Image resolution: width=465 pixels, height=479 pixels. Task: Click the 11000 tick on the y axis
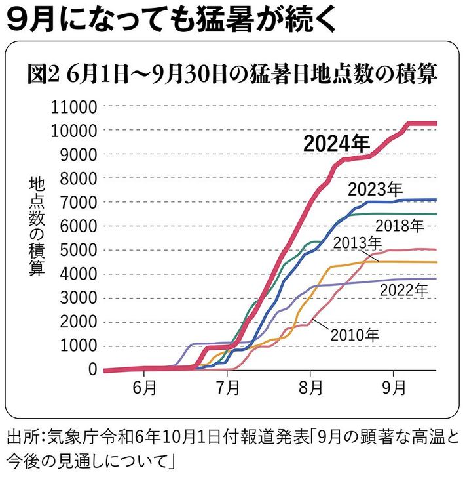coord(74,107)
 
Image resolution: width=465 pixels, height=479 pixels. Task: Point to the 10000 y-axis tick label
coord(74,131)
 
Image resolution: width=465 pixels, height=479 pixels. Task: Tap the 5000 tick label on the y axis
coord(78,250)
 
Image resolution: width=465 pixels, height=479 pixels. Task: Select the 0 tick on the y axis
coord(92,369)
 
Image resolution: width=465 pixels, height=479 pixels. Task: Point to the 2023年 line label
coord(375,190)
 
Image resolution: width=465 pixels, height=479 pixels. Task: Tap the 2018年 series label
coord(400,227)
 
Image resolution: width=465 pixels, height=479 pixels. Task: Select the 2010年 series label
coord(354,335)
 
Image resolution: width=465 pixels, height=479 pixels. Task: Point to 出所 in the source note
coord(20,436)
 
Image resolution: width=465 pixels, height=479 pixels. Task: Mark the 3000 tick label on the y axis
coord(78,298)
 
